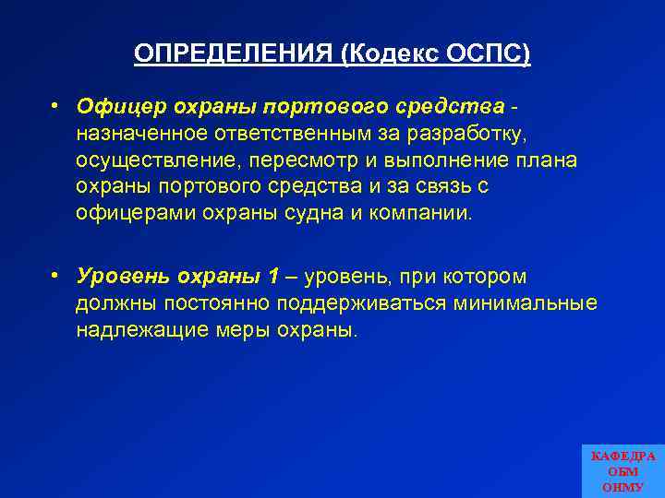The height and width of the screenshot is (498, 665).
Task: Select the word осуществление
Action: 147,160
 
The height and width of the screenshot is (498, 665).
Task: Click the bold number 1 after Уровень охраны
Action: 272,277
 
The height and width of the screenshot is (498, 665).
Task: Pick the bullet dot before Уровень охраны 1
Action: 56,275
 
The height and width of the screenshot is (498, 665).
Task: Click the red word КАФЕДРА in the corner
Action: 623,456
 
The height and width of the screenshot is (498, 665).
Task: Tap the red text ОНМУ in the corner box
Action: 623,487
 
